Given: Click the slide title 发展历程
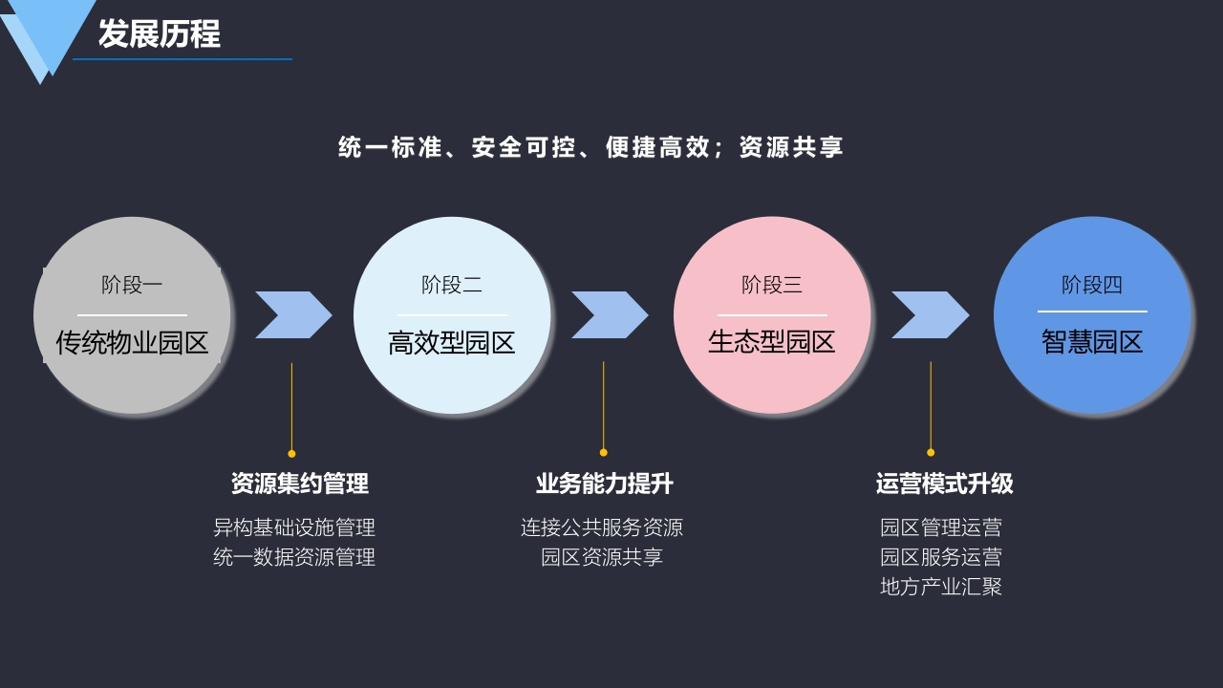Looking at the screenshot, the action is point(160,33).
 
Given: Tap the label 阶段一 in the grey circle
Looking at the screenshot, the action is point(132,285).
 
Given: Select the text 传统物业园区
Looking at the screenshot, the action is point(132,343).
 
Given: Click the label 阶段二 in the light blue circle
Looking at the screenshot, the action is point(452,285).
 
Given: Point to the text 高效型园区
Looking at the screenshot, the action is point(452,343).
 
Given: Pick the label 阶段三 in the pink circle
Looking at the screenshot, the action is point(771,285).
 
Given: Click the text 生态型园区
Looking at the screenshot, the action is point(771,342).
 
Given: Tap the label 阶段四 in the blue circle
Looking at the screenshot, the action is point(1091,285).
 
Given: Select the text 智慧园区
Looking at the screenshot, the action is point(1092,342).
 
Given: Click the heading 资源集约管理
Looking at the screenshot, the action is point(300,484).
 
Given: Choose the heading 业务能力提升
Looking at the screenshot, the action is point(604,484).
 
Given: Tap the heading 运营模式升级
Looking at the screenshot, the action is point(945,484).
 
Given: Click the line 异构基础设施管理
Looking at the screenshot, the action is point(294,527).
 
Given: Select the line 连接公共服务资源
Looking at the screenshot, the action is point(602,527).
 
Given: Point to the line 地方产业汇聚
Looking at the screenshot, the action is point(941,587).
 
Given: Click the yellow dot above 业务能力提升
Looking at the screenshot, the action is point(603,452).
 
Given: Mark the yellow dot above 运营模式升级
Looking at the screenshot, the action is point(931,452).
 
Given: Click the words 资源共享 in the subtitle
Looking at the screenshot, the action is point(791,147).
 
